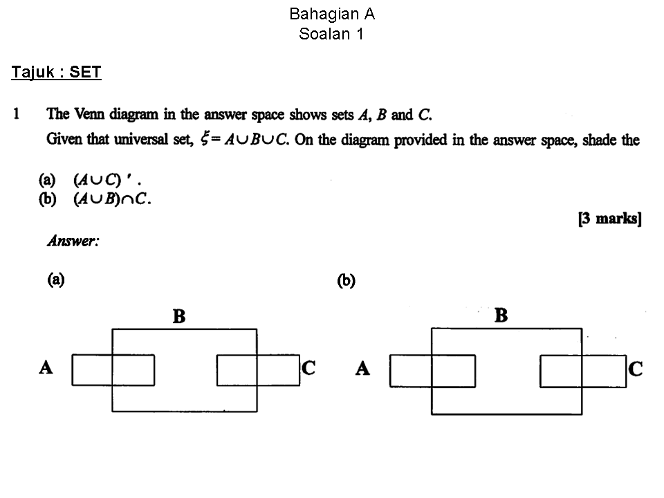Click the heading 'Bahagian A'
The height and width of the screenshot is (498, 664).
pos(332,15)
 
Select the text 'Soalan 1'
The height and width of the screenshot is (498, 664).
pos(331,34)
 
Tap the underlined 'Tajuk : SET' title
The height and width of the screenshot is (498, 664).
pos(56,72)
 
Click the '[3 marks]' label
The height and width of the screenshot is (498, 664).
pos(610,219)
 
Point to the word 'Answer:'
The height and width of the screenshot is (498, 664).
pos(73,241)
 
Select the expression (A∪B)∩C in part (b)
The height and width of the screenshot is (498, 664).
pos(111,199)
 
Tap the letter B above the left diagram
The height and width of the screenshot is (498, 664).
pos(179,316)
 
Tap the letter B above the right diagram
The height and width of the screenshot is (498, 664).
pos(501,315)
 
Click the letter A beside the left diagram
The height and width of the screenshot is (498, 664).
pos(46,367)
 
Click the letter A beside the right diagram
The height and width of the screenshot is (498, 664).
pos(363,368)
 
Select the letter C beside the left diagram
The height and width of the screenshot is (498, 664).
pos(308,367)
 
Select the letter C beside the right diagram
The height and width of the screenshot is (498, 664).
pos(636,369)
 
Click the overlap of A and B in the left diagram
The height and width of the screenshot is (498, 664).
pos(133,370)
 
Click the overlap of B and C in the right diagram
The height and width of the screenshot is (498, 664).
pos(561,371)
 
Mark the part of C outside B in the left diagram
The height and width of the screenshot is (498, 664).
pos(278,370)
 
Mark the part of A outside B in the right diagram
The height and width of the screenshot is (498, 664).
pos(411,371)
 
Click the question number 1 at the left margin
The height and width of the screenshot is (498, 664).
pos(16,113)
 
